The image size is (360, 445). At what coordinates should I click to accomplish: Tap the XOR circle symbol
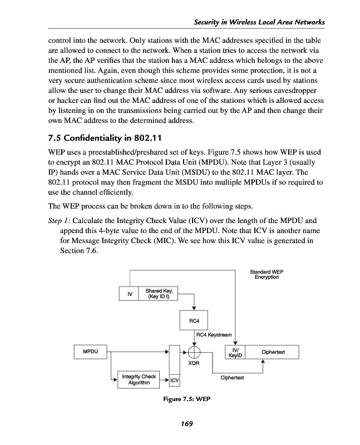point(194,352)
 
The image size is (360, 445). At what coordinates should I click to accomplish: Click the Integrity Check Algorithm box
point(138,380)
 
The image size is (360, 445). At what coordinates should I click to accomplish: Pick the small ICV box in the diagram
point(175,380)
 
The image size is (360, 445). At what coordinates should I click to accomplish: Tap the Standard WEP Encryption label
point(267,274)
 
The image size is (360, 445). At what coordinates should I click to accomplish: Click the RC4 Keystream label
point(215,334)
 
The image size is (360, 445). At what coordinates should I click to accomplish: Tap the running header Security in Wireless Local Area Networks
point(259,22)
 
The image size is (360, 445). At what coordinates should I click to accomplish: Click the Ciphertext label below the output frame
point(233,378)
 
